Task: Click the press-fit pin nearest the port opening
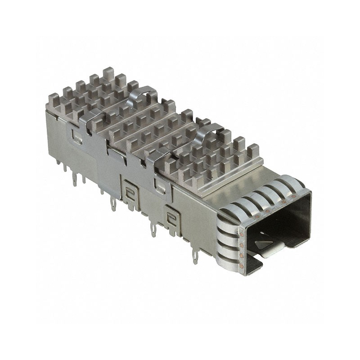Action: pos(196,259)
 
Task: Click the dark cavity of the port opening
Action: pos(279,220)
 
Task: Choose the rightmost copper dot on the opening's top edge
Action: pos(293,196)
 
